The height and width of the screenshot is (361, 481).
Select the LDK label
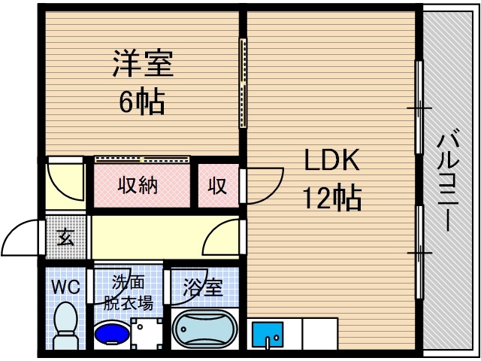[332, 160]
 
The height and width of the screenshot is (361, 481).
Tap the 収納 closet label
[138, 185]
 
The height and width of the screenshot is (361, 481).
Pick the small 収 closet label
[217, 186]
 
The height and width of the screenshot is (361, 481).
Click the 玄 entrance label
[65, 238]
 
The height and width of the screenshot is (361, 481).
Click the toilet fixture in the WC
[65, 326]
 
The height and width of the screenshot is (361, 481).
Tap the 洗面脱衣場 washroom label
[129, 293]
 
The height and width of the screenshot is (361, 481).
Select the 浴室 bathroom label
[204, 287]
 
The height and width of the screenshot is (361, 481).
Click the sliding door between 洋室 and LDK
[242, 83]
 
